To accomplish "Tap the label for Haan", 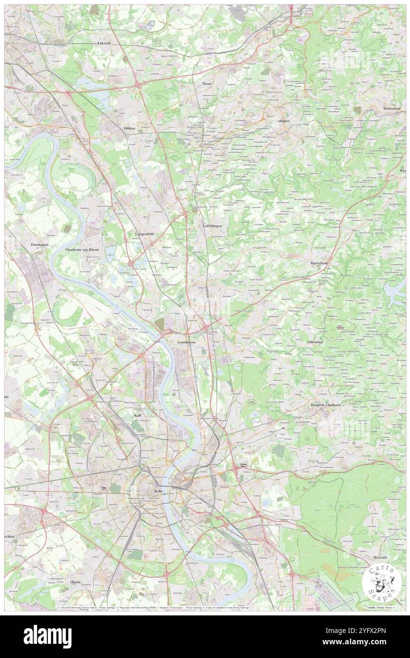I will (x=206, y=83).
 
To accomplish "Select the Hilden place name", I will (x=129, y=128).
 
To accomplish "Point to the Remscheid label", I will (x=393, y=108).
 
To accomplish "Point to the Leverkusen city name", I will (x=186, y=341).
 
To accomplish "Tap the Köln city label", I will (x=159, y=491).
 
